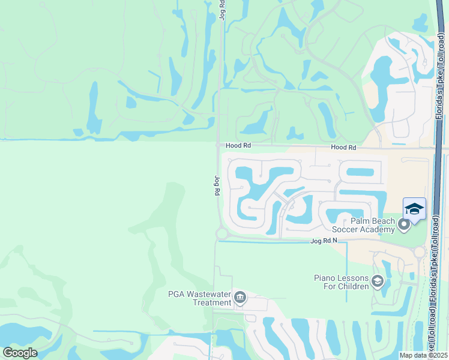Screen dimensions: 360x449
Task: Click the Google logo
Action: coord(20,353)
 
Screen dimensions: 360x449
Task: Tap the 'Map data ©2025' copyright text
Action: coord(423,355)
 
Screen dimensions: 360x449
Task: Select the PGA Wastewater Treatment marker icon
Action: coord(240,298)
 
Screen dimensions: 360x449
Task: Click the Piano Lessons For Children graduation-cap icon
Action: coord(378,281)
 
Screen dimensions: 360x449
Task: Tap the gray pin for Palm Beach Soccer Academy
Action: coord(404,225)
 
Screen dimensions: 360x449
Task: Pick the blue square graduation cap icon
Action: coord(414,209)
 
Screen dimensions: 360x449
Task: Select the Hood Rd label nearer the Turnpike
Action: coord(343,147)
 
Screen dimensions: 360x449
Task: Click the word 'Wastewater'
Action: coord(210,294)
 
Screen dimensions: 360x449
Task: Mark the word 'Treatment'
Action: coord(212,302)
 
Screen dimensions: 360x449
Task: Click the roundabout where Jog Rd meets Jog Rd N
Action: coord(221,233)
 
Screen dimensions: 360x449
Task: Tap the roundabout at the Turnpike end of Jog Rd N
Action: coord(420,253)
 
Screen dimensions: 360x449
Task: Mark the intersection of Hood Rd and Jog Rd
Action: coord(218,145)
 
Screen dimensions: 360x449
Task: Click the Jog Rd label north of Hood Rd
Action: coord(222,11)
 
